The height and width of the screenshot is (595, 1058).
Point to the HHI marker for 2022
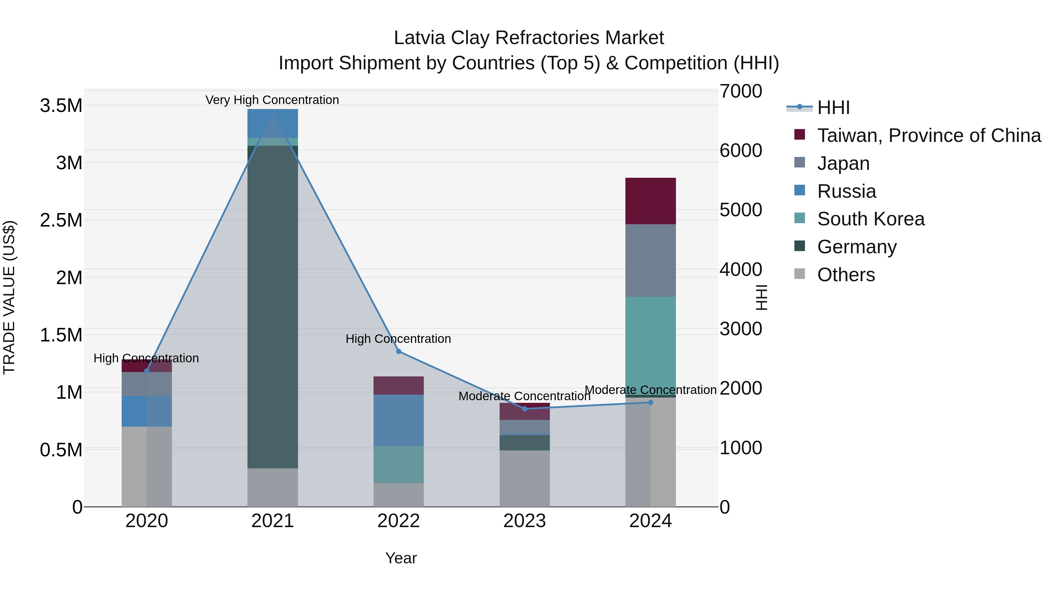click(x=399, y=351)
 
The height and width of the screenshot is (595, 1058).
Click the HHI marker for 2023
click(x=525, y=409)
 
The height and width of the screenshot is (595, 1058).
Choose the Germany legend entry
click(x=856, y=247)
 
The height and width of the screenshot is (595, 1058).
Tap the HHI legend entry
click(x=833, y=108)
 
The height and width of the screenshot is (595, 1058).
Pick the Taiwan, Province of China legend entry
click(x=928, y=135)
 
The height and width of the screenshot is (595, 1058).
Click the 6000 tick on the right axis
click(x=741, y=150)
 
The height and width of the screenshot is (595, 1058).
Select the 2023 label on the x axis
click(x=525, y=521)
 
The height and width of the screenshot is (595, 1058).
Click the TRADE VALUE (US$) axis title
click(x=9, y=297)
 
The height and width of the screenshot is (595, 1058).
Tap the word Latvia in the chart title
click(x=419, y=38)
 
